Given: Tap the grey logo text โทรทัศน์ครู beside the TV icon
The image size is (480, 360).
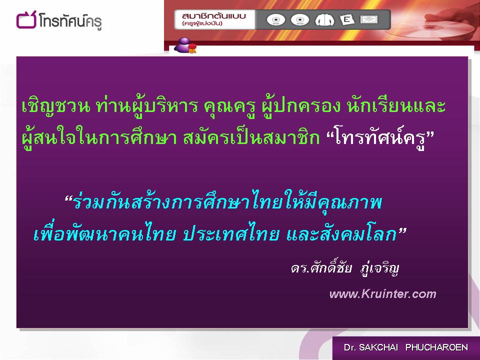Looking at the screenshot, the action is pos(70,21).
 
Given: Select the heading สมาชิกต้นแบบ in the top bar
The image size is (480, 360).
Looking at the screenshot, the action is pos(213,16).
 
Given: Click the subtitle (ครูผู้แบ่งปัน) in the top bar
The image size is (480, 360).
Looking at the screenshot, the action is pos(202,23).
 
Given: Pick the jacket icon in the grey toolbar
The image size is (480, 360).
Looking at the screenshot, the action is pos(324,20).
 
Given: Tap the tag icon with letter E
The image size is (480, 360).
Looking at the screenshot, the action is pos(347,20).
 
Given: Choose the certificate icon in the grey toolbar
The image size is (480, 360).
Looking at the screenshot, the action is pos(369,19).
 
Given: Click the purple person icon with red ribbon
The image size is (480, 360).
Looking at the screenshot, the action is pos(185,45).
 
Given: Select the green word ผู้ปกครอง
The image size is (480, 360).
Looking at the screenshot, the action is pos(301,105).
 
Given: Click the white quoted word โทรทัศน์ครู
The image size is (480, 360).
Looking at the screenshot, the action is pos(380,138).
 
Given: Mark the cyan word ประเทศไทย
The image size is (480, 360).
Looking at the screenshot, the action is pos(231,234).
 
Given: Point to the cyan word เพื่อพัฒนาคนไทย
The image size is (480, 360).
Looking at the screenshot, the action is pos(104,233).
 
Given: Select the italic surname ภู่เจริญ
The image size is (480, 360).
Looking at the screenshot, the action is pos(379,268).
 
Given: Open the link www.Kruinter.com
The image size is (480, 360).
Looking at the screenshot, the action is pos(382,294).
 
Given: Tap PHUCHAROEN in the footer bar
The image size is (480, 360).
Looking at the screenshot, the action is pos(436,347).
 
